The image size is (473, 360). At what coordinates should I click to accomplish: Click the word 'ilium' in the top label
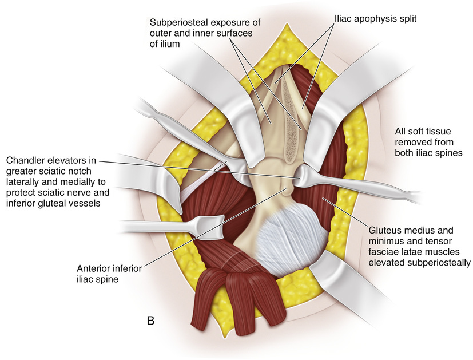161,44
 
